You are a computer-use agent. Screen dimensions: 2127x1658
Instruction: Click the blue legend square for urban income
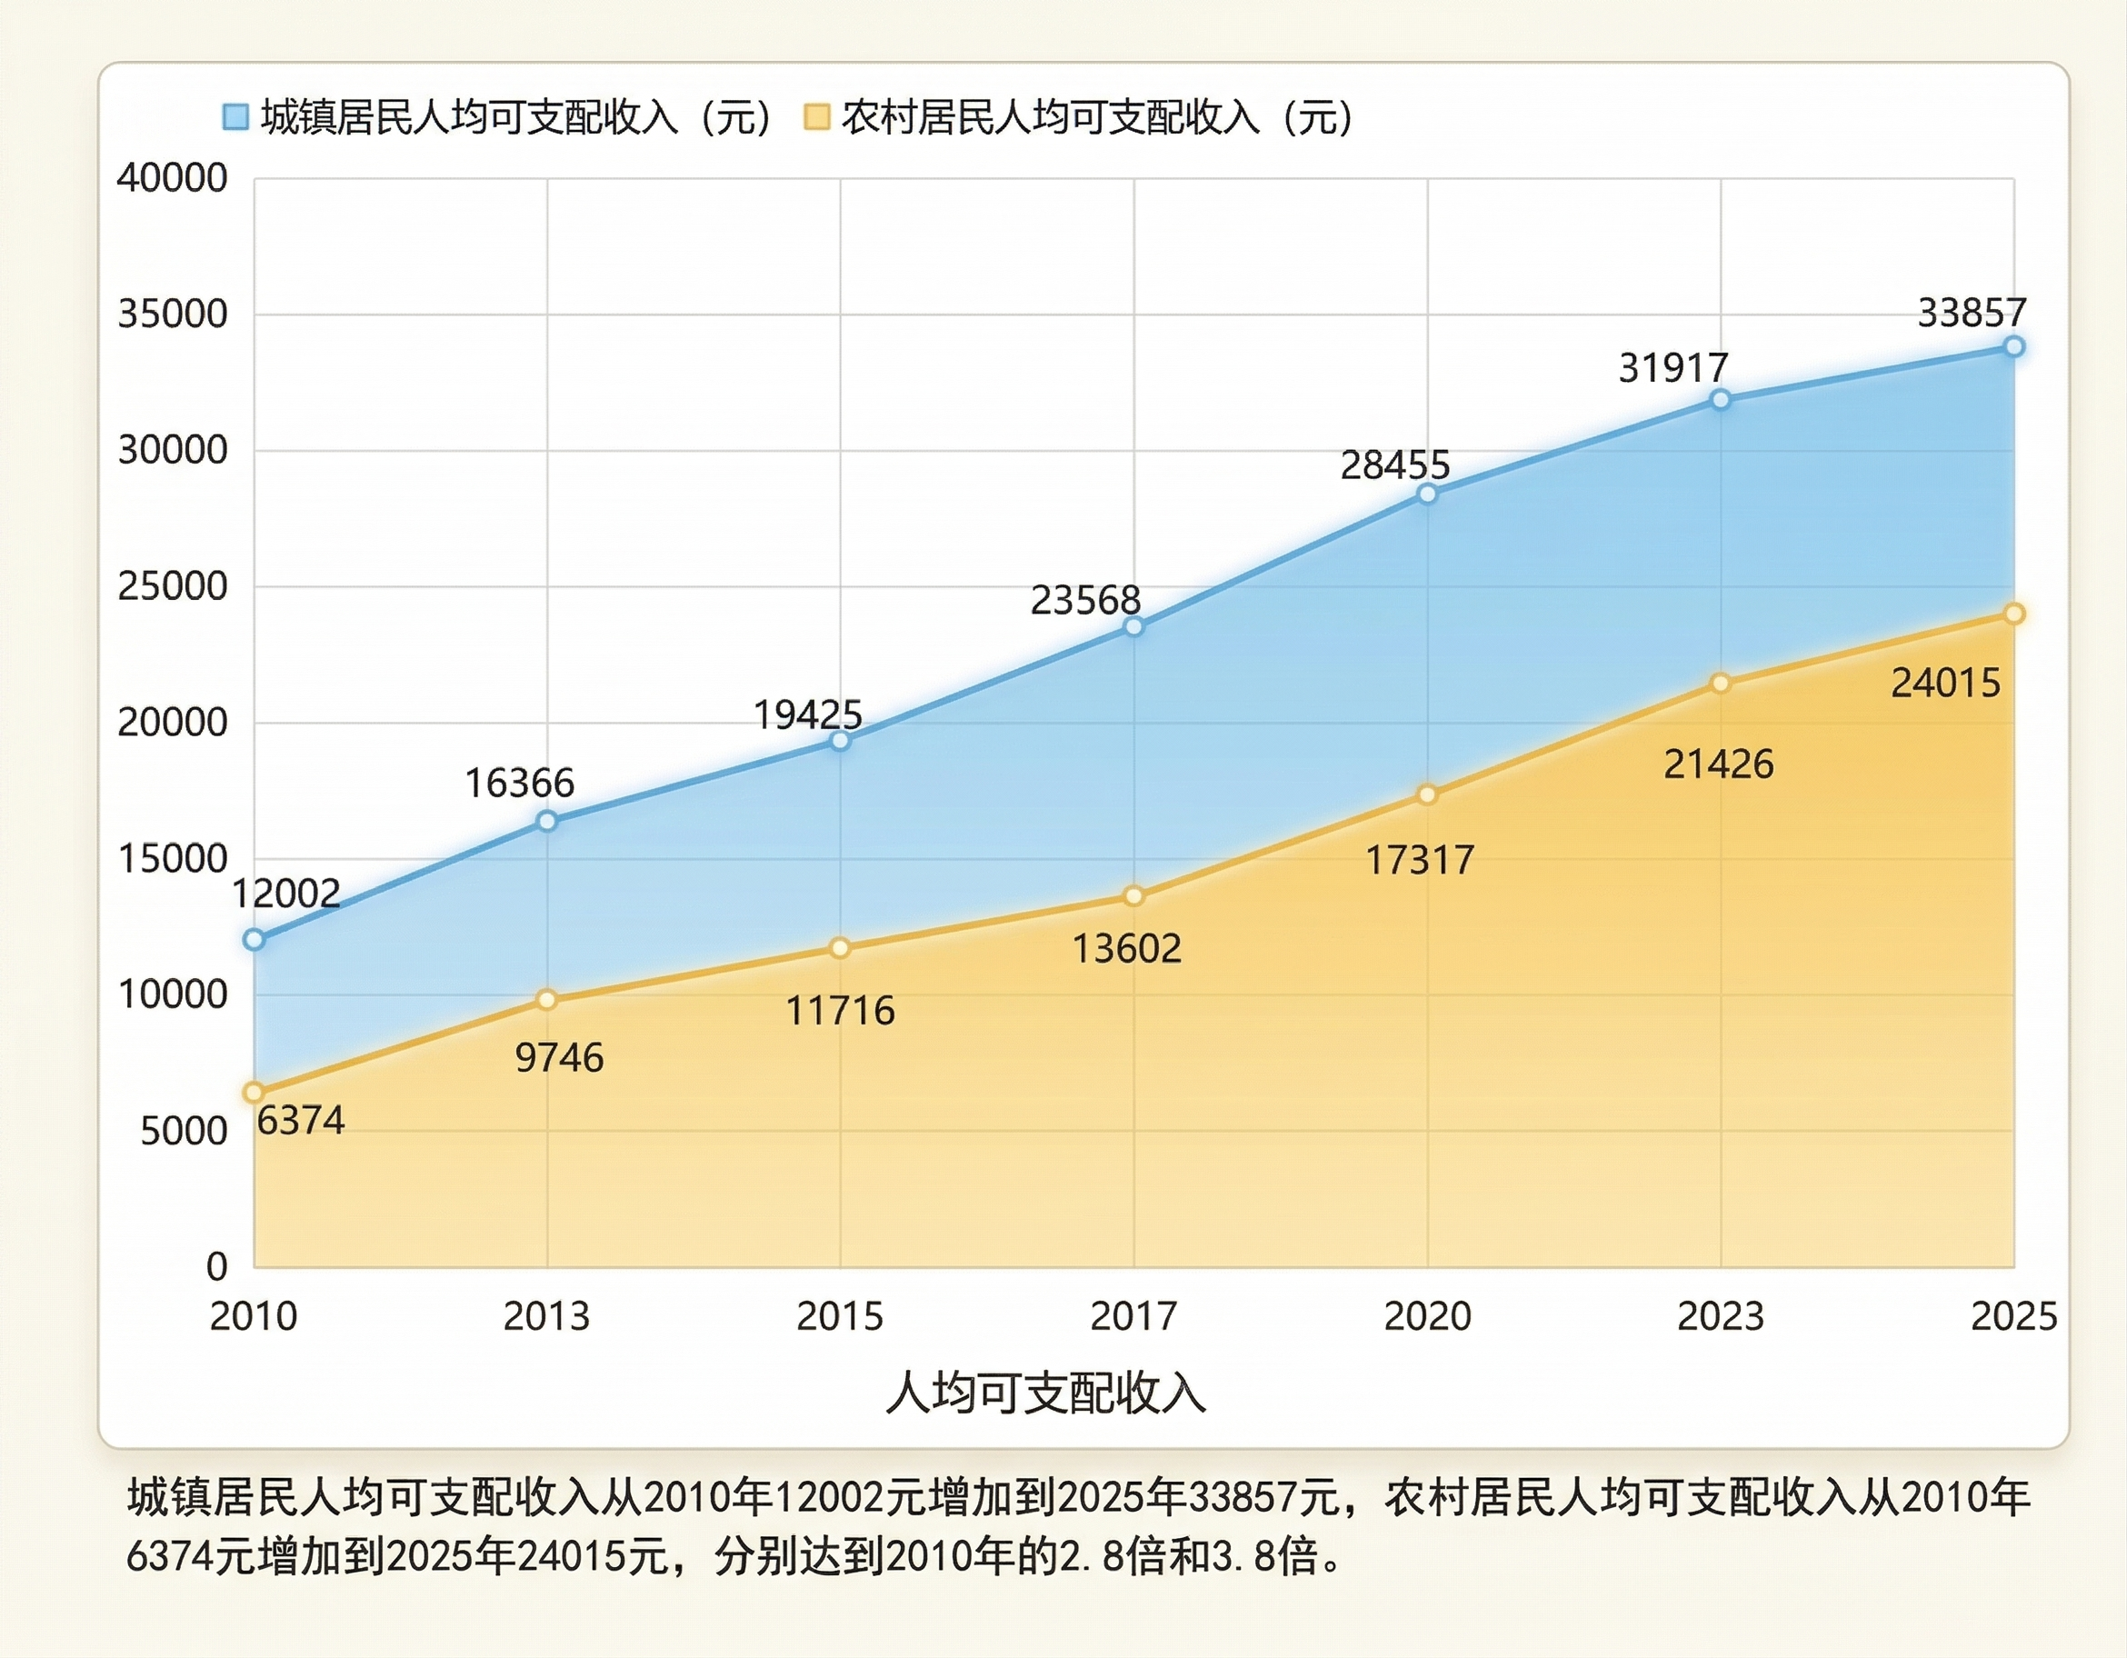coord(235,117)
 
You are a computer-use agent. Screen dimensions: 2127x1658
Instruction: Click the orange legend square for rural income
coord(816,117)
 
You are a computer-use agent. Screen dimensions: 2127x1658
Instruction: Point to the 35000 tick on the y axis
coord(173,314)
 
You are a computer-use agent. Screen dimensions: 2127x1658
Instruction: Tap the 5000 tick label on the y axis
coord(184,1131)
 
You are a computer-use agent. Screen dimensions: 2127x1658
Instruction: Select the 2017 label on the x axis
coord(1133,1316)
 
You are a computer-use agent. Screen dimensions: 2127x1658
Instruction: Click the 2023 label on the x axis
coord(1720,1316)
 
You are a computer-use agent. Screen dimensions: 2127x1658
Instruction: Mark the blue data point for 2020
coord(1427,494)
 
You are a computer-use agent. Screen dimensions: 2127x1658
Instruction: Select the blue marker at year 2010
coord(255,940)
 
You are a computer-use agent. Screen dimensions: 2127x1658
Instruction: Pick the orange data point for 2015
coord(840,948)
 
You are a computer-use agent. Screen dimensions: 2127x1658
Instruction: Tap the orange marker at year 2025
coord(2014,614)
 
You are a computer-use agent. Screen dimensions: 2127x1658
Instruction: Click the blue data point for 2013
coord(547,821)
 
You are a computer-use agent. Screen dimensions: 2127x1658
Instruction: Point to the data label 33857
coord(1959,313)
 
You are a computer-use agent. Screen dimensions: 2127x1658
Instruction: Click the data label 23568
coord(1086,600)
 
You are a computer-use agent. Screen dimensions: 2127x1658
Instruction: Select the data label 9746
coord(559,1058)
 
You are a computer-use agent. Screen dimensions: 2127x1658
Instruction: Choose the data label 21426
coord(1719,764)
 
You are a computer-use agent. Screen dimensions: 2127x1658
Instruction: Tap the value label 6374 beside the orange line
coord(301,1120)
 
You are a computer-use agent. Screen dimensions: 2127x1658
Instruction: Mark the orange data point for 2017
coord(1133,896)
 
